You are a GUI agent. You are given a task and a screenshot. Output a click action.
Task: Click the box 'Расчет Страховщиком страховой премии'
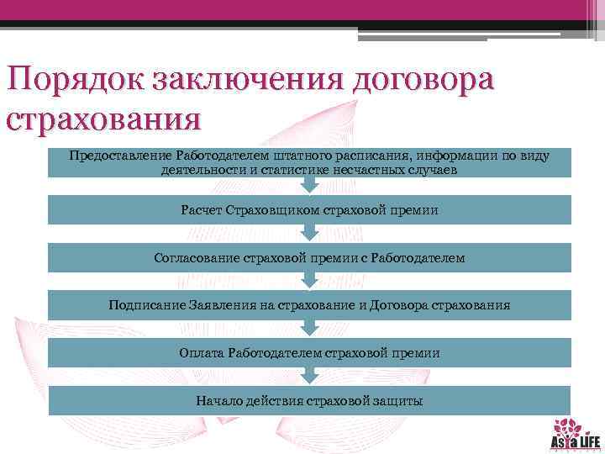[309, 210]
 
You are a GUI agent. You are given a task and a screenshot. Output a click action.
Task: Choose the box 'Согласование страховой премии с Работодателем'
[309, 258]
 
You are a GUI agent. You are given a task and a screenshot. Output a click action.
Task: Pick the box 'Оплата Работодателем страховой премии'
[309, 353]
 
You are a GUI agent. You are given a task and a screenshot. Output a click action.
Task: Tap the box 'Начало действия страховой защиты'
[309, 401]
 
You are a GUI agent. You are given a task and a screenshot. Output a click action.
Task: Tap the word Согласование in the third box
[194, 258]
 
